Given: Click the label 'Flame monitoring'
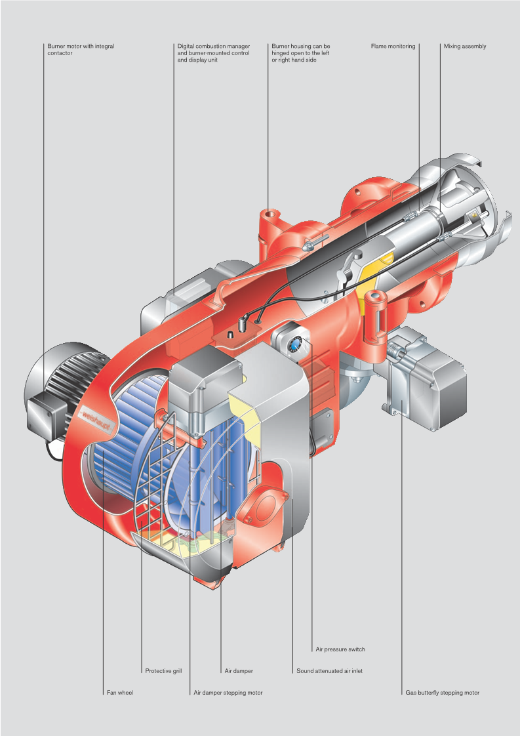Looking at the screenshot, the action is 393,47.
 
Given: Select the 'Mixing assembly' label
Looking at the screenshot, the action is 465,47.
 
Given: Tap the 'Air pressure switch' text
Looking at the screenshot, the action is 340,649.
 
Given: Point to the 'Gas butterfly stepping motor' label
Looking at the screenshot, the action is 443,692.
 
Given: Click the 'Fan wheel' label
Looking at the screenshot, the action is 120,692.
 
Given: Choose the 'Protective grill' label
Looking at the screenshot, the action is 163,671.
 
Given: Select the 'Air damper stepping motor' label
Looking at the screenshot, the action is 228,692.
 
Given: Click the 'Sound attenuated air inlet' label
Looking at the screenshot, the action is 329,671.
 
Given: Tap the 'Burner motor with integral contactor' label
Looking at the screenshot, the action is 81,50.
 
